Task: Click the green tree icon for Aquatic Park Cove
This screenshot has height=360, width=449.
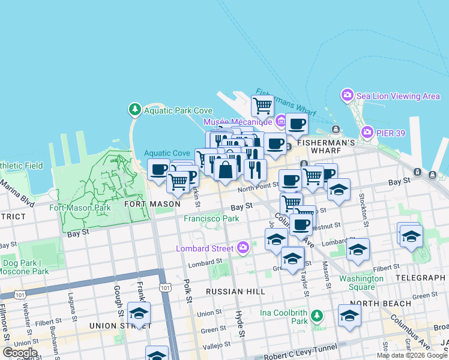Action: click(134, 110)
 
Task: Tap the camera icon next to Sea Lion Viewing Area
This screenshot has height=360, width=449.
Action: click(347, 95)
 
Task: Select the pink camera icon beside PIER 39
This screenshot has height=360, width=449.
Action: click(367, 131)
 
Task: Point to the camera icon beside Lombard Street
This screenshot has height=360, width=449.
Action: click(243, 247)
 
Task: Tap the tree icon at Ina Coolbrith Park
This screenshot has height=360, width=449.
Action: click(316, 316)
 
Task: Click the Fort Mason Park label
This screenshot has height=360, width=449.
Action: click(80, 208)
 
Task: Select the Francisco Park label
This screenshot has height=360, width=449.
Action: click(211, 219)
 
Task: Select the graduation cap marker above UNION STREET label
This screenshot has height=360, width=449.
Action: click(139, 313)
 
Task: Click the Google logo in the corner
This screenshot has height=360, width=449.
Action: click(20, 353)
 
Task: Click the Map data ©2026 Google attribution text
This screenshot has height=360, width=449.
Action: click(412, 355)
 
